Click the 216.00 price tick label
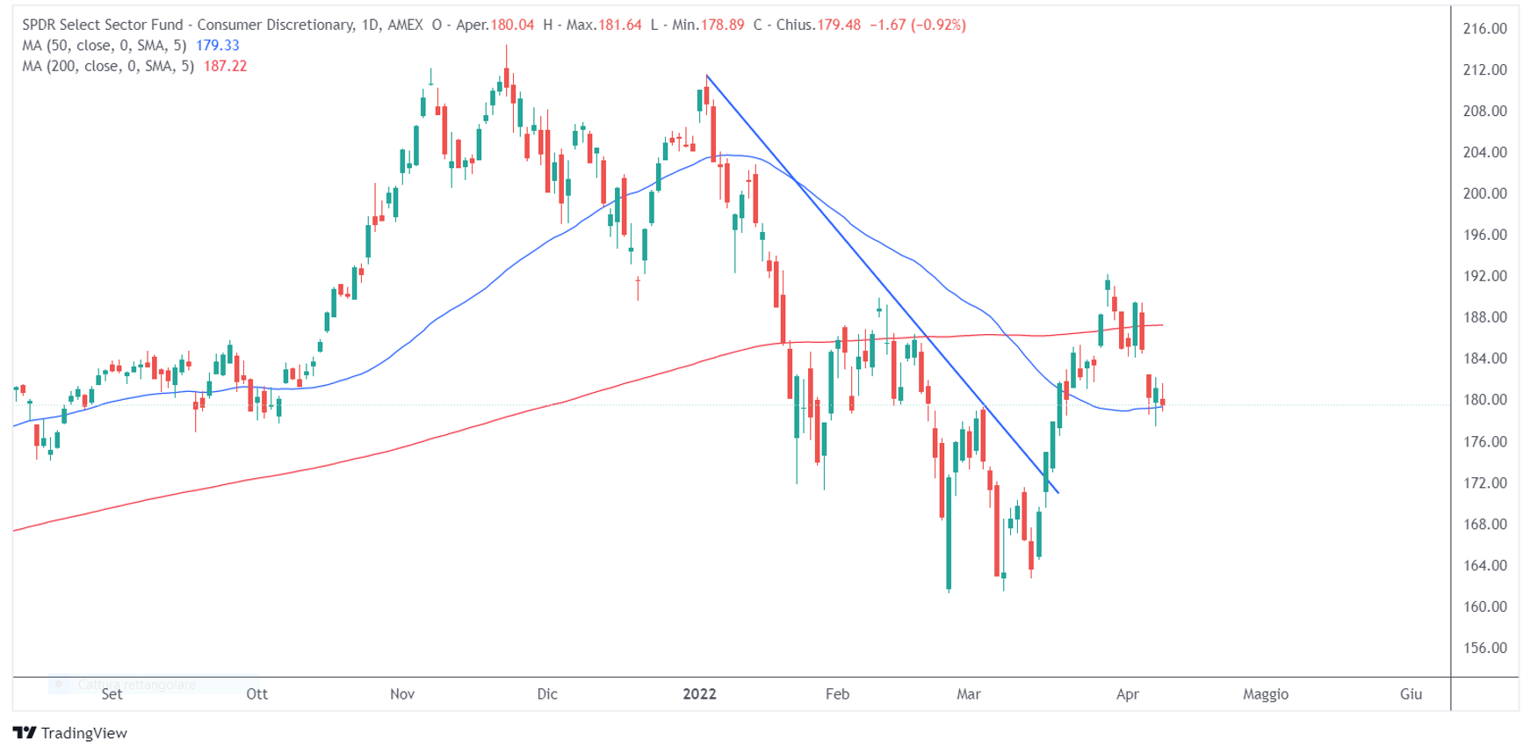click(x=1484, y=29)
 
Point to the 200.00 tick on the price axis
click(x=1484, y=193)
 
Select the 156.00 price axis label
click(x=1484, y=648)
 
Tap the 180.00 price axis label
click(x=1484, y=400)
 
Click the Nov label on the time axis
click(x=402, y=693)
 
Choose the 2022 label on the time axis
click(x=699, y=693)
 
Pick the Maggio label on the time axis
click(x=1266, y=693)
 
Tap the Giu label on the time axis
click(x=1411, y=693)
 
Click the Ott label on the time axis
click(x=256, y=693)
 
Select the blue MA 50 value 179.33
click(x=218, y=46)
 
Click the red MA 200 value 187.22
click(x=225, y=66)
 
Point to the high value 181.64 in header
click(x=620, y=25)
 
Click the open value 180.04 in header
click(x=513, y=25)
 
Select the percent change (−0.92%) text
click(x=939, y=25)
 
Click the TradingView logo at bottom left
click(x=70, y=733)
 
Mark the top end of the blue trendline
click(x=707, y=76)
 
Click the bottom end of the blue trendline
click(x=1058, y=493)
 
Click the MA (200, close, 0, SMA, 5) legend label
click(x=107, y=66)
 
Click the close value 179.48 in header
click(x=839, y=25)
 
